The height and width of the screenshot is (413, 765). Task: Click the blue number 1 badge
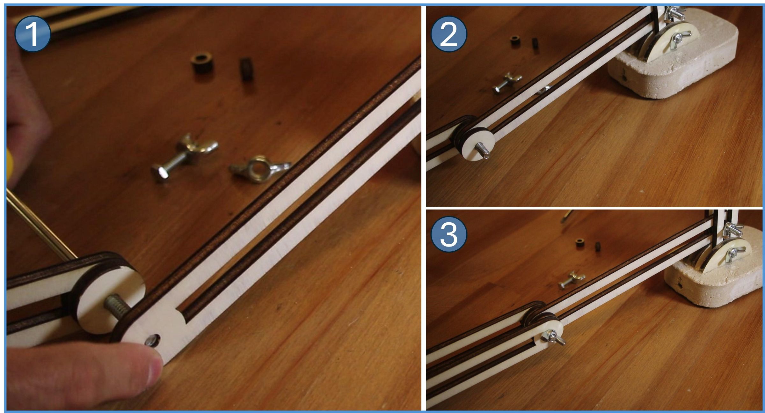point(33,34)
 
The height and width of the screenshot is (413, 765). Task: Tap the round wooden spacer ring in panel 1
point(202,63)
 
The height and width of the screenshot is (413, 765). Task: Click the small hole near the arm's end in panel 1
point(152,340)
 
